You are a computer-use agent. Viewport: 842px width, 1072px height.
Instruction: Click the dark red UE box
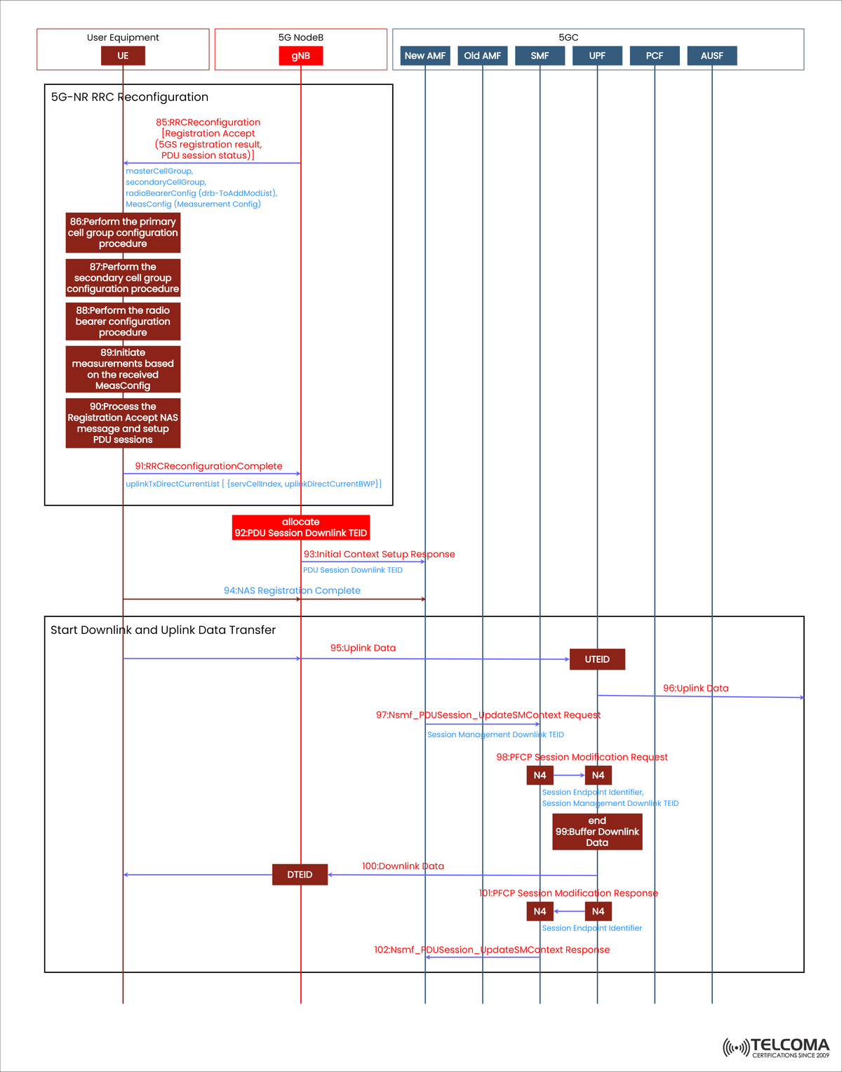[x=123, y=55]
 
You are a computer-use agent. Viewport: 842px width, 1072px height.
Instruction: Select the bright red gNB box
[x=300, y=55]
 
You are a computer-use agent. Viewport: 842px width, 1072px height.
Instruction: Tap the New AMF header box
[x=425, y=55]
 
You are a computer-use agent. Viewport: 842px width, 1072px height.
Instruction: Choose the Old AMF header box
[x=482, y=55]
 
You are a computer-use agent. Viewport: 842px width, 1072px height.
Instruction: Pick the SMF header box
[x=540, y=55]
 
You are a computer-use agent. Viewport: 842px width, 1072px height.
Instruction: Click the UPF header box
[x=597, y=55]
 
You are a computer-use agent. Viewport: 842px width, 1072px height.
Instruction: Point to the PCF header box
[x=655, y=55]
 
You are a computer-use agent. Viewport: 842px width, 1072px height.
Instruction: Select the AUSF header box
[x=711, y=55]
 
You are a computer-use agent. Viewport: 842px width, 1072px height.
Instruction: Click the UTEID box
[x=597, y=659]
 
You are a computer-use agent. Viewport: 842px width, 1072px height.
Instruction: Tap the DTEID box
[x=300, y=875]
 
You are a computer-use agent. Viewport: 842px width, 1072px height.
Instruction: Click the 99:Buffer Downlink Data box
[x=597, y=832]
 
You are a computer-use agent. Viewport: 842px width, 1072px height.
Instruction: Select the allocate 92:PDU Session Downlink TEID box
[x=301, y=527]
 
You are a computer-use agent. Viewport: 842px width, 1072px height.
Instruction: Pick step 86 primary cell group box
[x=123, y=232]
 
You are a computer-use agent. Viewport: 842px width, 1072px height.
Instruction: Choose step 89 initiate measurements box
[x=123, y=369]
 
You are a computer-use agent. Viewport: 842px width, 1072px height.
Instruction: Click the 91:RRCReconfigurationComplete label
[x=209, y=466]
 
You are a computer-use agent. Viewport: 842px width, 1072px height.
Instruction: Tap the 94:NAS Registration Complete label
[x=292, y=590]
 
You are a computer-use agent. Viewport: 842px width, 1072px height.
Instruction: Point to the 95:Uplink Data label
[x=363, y=648]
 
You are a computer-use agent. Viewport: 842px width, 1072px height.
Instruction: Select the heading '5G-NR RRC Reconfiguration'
[x=130, y=97]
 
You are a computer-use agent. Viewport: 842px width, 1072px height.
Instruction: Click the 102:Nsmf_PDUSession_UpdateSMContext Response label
[x=492, y=950]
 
